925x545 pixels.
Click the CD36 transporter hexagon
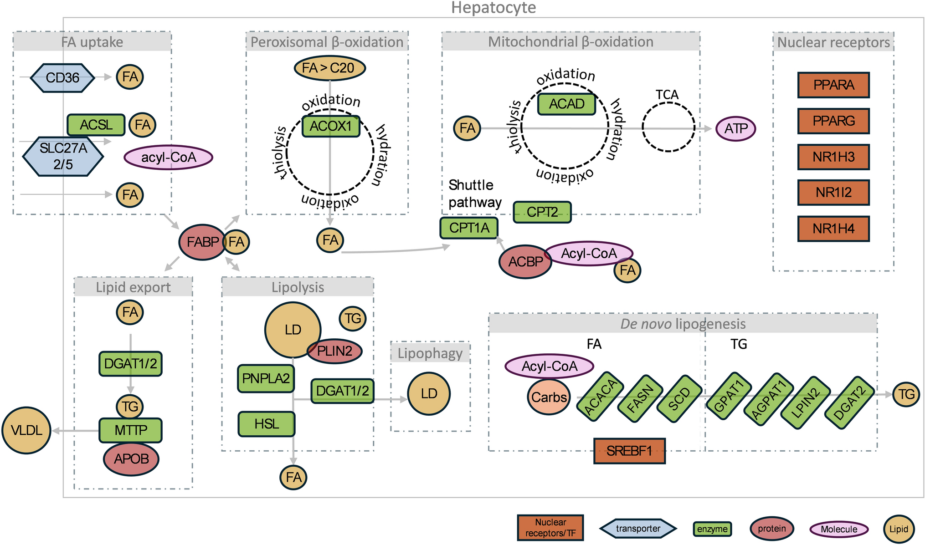(62, 78)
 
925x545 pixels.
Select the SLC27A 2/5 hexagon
(63, 156)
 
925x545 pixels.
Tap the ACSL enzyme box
(96, 125)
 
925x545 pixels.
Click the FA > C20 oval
(329, 68)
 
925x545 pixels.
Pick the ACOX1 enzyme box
(331, 126)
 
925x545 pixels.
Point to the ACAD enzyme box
(566, 104)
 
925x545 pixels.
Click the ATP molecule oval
(736, 129)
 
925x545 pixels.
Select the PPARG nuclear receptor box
(833, 121)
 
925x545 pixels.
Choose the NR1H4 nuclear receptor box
(833, 229)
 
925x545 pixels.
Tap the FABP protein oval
(202, 242)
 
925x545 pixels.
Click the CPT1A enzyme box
(469, 228)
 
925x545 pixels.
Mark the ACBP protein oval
(525, 262)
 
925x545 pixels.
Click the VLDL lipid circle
(26, 430)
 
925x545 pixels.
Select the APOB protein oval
(131, 459)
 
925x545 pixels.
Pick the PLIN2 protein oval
(335, 351)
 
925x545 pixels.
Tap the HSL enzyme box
(266, 424)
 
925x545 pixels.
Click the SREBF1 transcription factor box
(629, 451)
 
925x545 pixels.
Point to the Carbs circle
(549, 397)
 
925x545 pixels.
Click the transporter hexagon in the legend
(637, 529)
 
